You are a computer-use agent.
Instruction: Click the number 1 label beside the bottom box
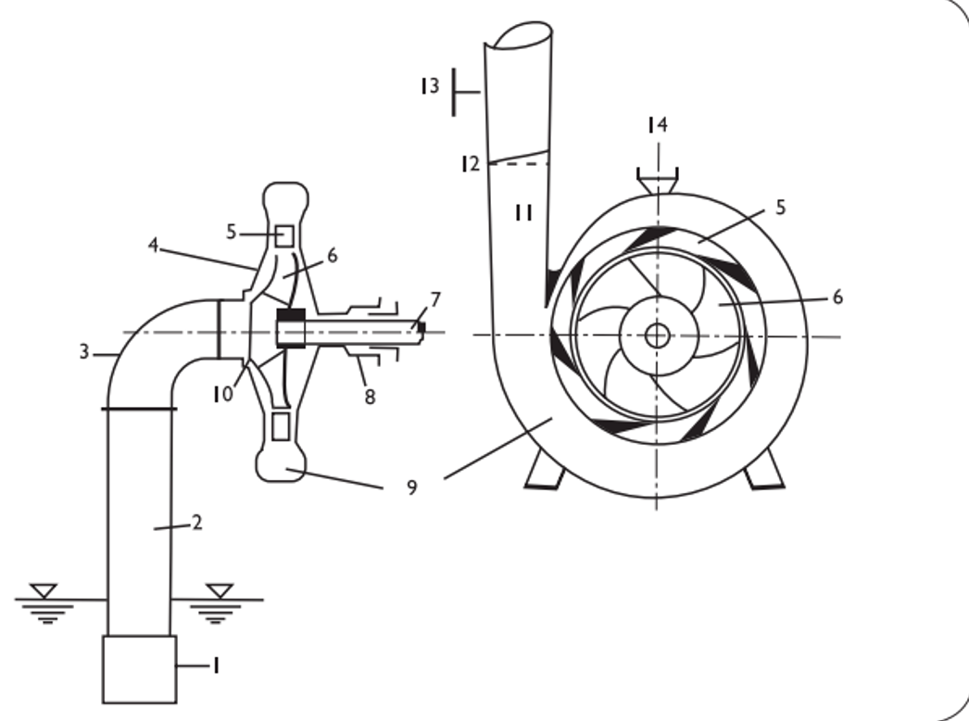pos(216,666)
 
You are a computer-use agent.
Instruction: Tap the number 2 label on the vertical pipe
pos(197,523)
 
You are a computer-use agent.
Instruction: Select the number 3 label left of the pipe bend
pos(84,352)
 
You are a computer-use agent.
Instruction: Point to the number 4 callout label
pos(153,246)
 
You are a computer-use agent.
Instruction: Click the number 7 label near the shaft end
pos(435,300)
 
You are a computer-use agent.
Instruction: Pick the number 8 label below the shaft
pos(371,397)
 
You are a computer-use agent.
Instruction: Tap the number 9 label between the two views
pos(412,487)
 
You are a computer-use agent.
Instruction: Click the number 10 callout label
pos(223,394)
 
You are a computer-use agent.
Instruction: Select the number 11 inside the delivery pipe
pos(523,213)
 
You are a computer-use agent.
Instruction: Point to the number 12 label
pos(471,164)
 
